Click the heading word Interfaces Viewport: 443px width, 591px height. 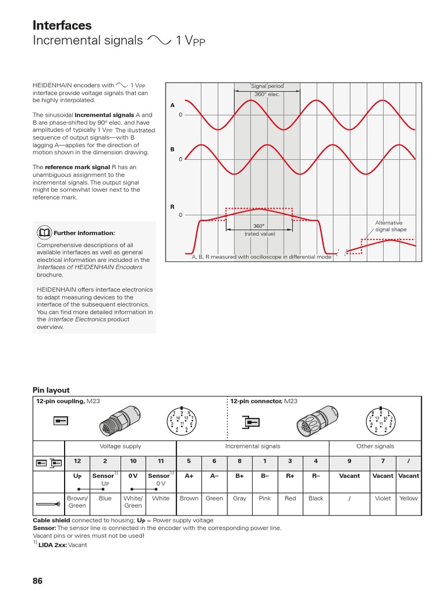point(62,25)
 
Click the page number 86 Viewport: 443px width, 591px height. point(38,581)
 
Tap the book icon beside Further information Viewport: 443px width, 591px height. point(44,233)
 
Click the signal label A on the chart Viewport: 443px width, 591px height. point(172,106)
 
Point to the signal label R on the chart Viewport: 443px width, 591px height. point(172,206)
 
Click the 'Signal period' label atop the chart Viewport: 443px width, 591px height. point(267,86)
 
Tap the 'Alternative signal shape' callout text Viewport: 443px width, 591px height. point(389,226)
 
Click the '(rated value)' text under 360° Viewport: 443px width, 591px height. point(259,234)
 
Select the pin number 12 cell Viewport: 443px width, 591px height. point(78,461)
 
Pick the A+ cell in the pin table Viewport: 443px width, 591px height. point(189,476)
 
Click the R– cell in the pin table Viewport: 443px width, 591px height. point(316,476)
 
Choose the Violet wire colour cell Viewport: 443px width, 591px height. point(382,498)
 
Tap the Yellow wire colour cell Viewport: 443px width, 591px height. point(408,498)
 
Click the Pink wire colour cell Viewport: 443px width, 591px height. point(265,498)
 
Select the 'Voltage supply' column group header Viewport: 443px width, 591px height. point(120,446)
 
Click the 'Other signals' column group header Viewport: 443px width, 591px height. point(375,446)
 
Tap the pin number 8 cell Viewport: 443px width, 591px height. point(239,461)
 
